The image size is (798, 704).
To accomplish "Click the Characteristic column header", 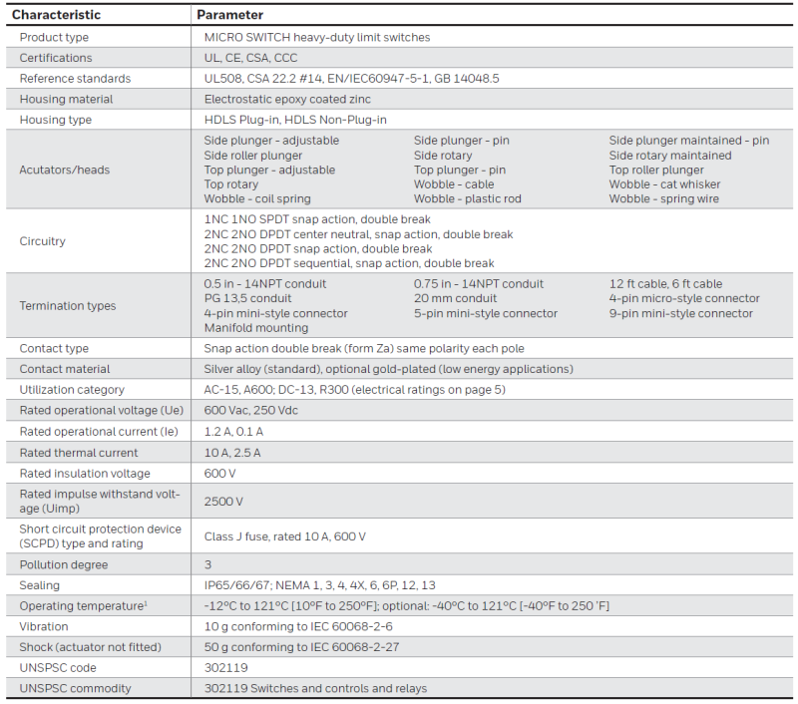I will click(x=56, y=15).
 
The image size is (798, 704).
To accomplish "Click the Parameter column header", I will click(x=230, y=15).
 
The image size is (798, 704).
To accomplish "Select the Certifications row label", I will click(x=56, y=58).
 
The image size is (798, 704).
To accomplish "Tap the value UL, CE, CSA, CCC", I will click(x=250, y=58).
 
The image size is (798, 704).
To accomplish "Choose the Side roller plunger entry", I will click(x=253, y=156).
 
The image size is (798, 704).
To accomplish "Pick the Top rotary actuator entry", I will click(x=231, y=184).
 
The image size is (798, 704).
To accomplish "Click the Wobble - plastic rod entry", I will click(x=468, y=198).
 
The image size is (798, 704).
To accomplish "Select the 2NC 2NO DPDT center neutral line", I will click(x=358, y=234).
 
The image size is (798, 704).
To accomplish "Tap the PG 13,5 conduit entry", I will click(x=248, y=298).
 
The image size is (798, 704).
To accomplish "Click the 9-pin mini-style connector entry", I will click(x=681, y=313).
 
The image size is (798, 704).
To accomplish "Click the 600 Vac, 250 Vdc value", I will click(x=250, y=411).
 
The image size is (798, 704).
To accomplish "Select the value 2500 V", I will click(x=223, y=501).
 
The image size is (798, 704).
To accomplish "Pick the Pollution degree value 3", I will click(x=207, y=564).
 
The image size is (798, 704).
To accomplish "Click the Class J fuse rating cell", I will click(x=285, y=536).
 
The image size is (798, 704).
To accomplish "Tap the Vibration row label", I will click(x=44, y=626).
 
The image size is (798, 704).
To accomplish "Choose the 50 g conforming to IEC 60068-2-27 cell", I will click(x=301, y=647).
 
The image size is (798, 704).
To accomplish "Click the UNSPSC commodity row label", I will click(x=75, y=688).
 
